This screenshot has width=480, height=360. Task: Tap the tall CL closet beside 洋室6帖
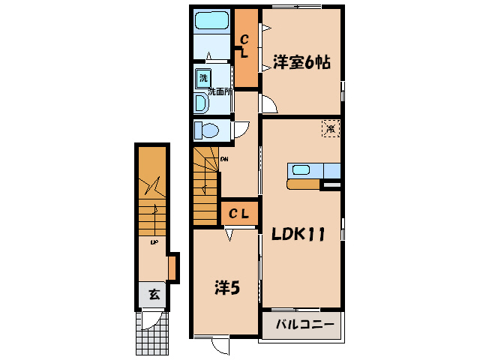coord(245,46)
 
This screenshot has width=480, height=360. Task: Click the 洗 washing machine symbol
coord(203,77)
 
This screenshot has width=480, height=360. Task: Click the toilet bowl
coord(206,131)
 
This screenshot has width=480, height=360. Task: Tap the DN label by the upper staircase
coord(224,158)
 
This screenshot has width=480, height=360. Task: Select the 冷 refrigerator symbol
coord(331,128)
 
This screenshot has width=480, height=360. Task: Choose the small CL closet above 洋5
coord(239,214)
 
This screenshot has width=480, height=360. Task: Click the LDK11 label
coord(298,234)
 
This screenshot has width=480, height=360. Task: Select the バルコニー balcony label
coord(299,325)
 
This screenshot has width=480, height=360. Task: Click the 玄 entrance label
coord(153,294)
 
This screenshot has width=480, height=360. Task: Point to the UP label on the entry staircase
coord(154,242)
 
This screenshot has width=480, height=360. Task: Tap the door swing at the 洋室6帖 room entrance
coord(269,104)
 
